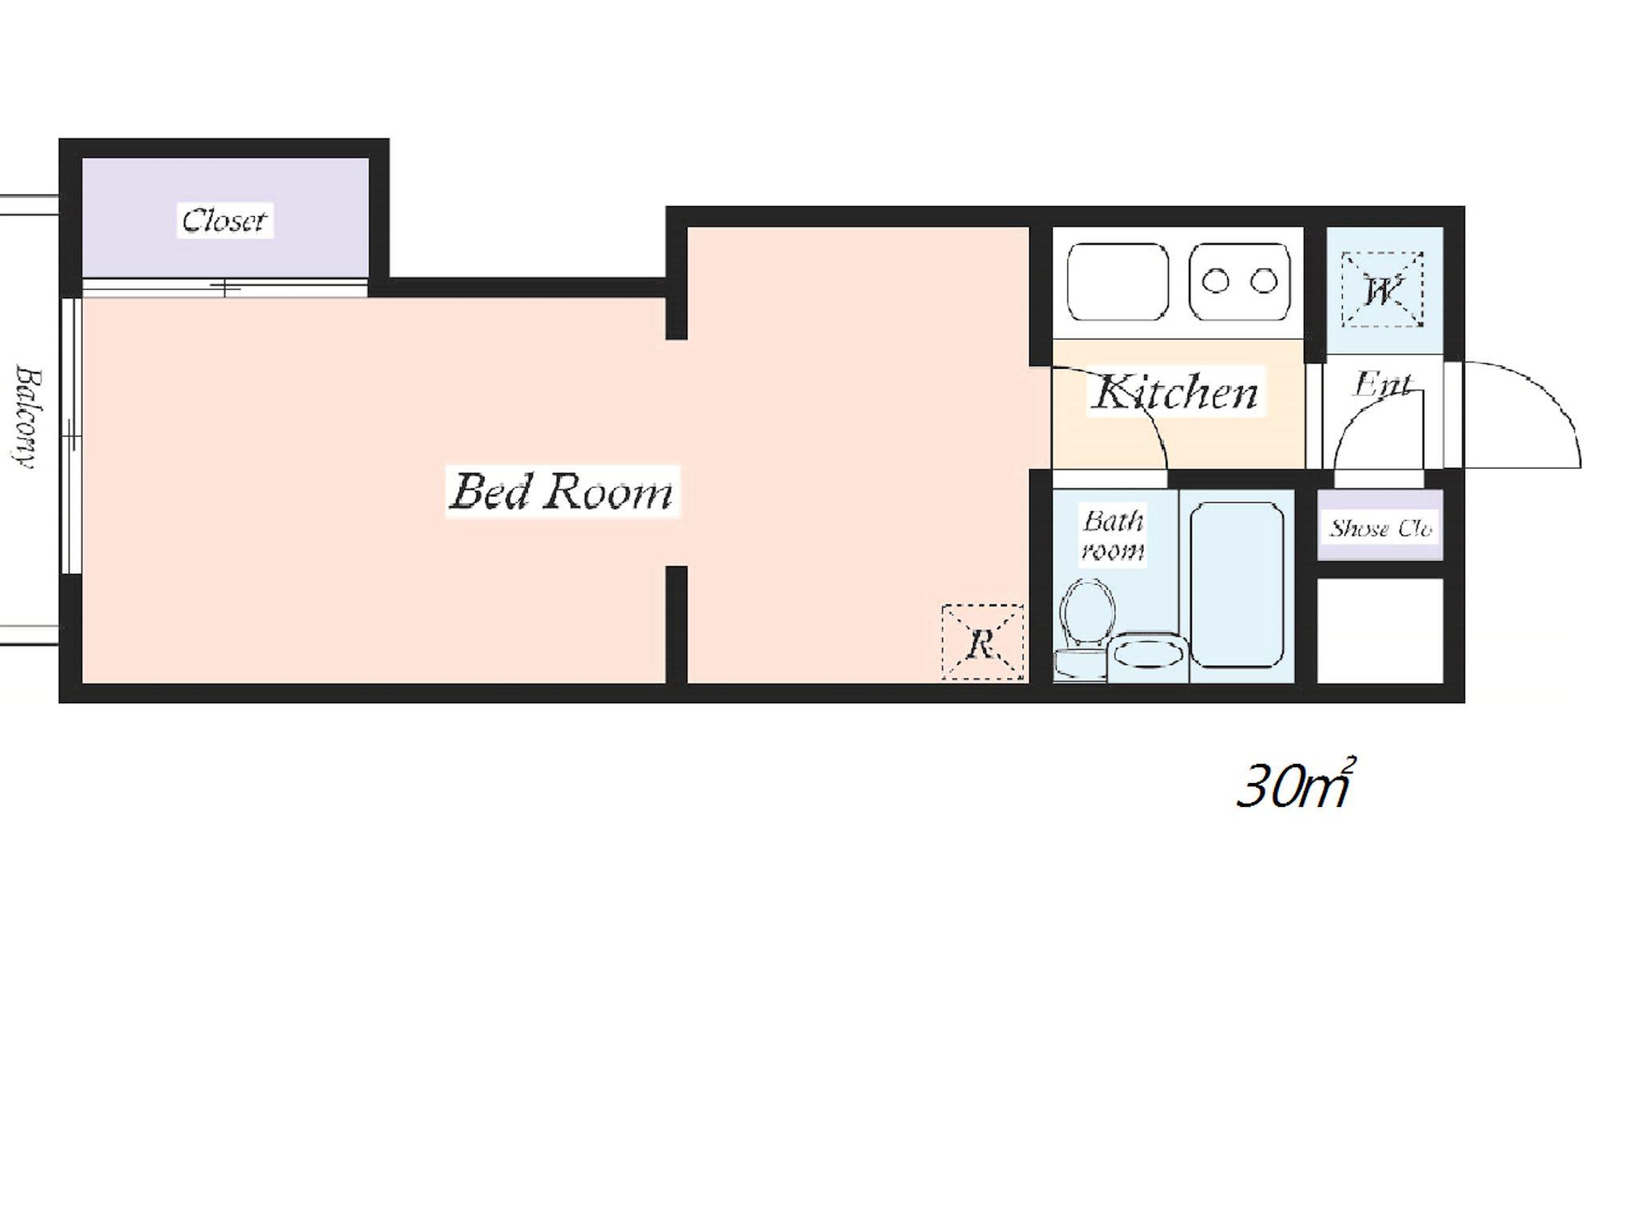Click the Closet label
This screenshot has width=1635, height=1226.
(224, 219)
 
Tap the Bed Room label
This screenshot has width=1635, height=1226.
(562, 492)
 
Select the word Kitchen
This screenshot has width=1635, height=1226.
(1175, 393)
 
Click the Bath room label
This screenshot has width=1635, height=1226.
(1113, 535)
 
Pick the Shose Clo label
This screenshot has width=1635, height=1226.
(1380, 528)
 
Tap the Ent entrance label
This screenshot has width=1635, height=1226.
(1381, 385)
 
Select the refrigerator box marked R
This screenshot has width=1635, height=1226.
(982, 643)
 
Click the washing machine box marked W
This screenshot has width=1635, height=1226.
(1382, 290)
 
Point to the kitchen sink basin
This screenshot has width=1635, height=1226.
(1118, 282)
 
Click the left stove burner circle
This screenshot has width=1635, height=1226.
(1216, 281)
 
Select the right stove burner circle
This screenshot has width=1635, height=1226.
(1264, 281)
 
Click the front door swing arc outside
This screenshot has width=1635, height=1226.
(1553, 391)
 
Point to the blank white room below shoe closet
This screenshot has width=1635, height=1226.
(1380, 631)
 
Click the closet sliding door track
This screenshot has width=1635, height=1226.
(225, 287)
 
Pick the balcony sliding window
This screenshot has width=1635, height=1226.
(71, 436)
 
